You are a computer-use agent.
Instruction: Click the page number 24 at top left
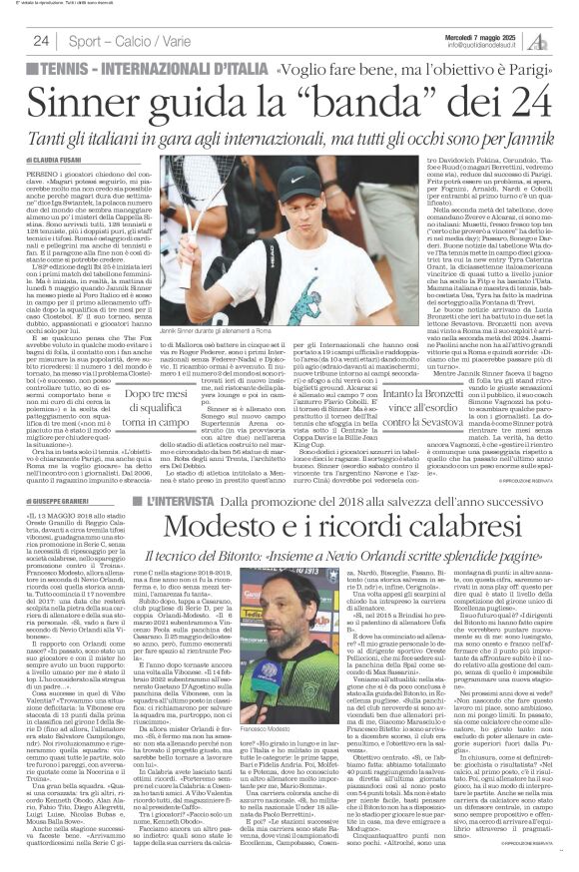click(x=41, y=41)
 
